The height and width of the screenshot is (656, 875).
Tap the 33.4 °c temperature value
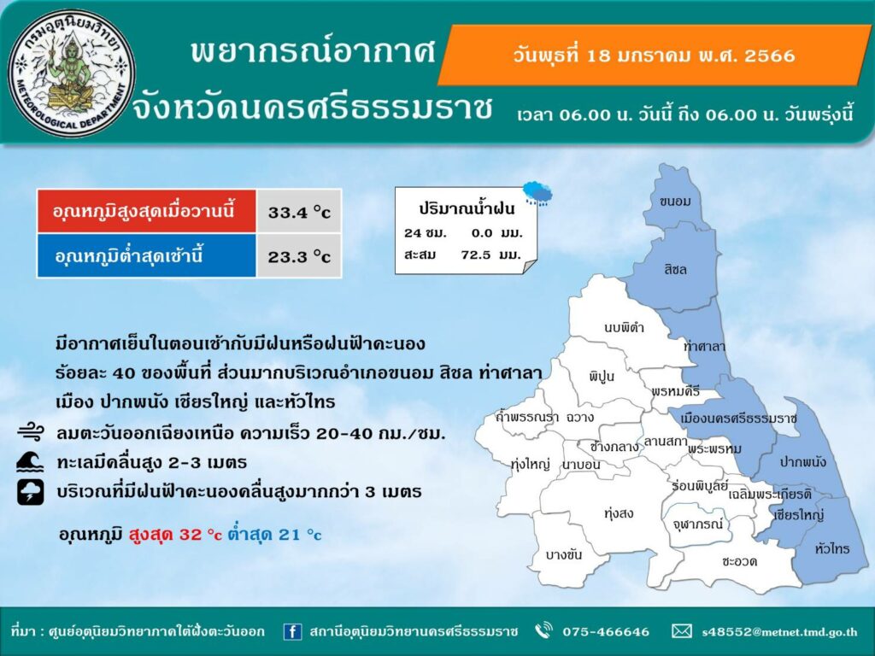pos(299,212)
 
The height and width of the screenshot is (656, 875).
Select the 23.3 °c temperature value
pos(299,256)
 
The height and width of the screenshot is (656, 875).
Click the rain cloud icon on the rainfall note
pos(537,193)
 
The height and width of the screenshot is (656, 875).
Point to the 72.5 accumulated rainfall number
pos(476,255)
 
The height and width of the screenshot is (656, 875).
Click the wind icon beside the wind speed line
pos(30,431)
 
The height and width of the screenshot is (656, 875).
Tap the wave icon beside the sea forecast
pos(30,462)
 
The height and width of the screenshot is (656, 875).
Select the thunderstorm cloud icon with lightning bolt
pos(30,492)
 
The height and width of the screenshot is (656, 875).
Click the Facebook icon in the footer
pos(292,631)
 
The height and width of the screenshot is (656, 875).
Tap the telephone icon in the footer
pos(543,631)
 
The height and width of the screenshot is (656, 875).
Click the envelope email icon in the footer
pos(681,631)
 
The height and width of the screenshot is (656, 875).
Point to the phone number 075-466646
pos(606,632)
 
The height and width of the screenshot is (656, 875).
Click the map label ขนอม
pos(675,202)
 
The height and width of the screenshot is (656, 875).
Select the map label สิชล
pos(675,269)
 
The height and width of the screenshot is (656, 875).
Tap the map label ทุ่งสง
pos(619,512)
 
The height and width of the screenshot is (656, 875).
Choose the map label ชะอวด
pos(739,561)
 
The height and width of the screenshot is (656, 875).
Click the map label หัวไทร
pos(832,548)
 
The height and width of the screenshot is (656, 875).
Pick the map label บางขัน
pos(564,554)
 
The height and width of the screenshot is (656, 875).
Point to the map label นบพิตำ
pos(624,327)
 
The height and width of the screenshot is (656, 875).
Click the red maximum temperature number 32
pos(191,535)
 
